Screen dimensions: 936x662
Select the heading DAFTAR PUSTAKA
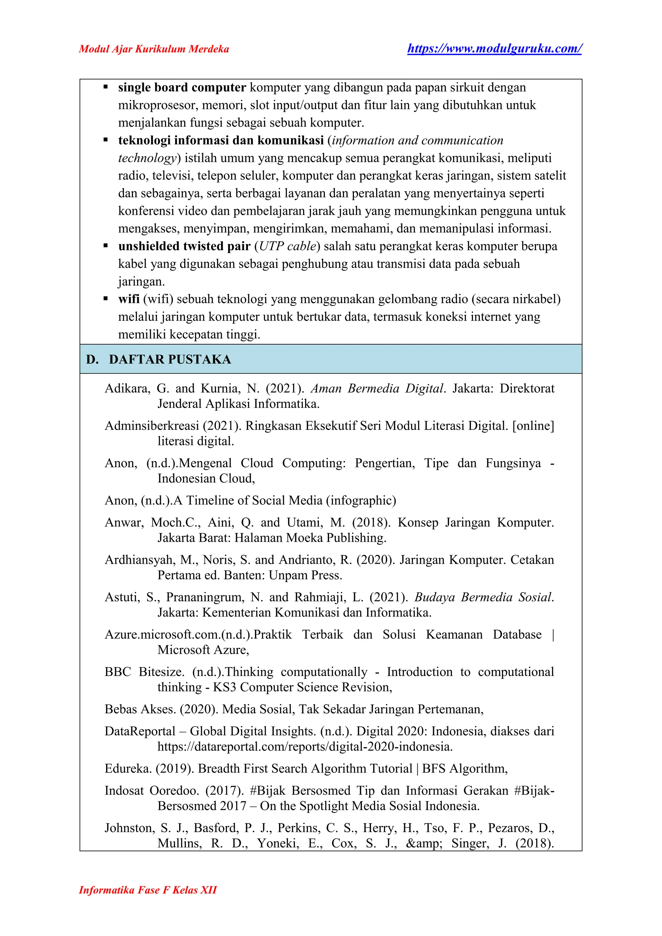[x=170, y=359]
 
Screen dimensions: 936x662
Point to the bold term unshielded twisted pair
[x=184, y=246]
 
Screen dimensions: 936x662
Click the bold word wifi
[x=129, y=299]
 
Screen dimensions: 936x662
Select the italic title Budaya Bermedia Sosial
[x=484, y=597]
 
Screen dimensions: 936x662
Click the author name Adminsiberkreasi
[x=152, y=426]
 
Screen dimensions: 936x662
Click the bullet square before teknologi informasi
[x=106, y=140]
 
